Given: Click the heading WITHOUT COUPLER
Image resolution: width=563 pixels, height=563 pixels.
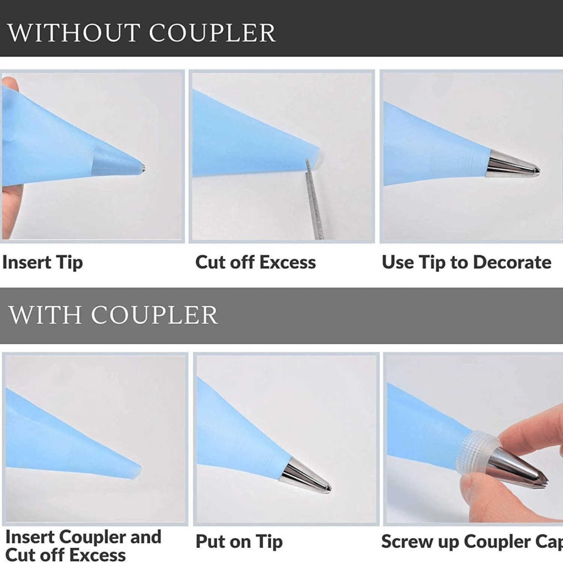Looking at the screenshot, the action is pos(142,33).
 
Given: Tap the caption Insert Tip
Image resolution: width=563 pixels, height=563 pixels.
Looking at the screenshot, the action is pos(42,262).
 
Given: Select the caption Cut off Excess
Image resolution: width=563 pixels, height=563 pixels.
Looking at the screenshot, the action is pos(256,262).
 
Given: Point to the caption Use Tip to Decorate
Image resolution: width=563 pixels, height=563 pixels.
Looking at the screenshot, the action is pos(467,262).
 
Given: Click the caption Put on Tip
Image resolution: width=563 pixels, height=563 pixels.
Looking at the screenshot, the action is pos(239,542).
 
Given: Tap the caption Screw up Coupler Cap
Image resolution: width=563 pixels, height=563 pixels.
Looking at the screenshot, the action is pos(472,542).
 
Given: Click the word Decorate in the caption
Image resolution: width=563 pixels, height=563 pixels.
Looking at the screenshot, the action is pos(512,262).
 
